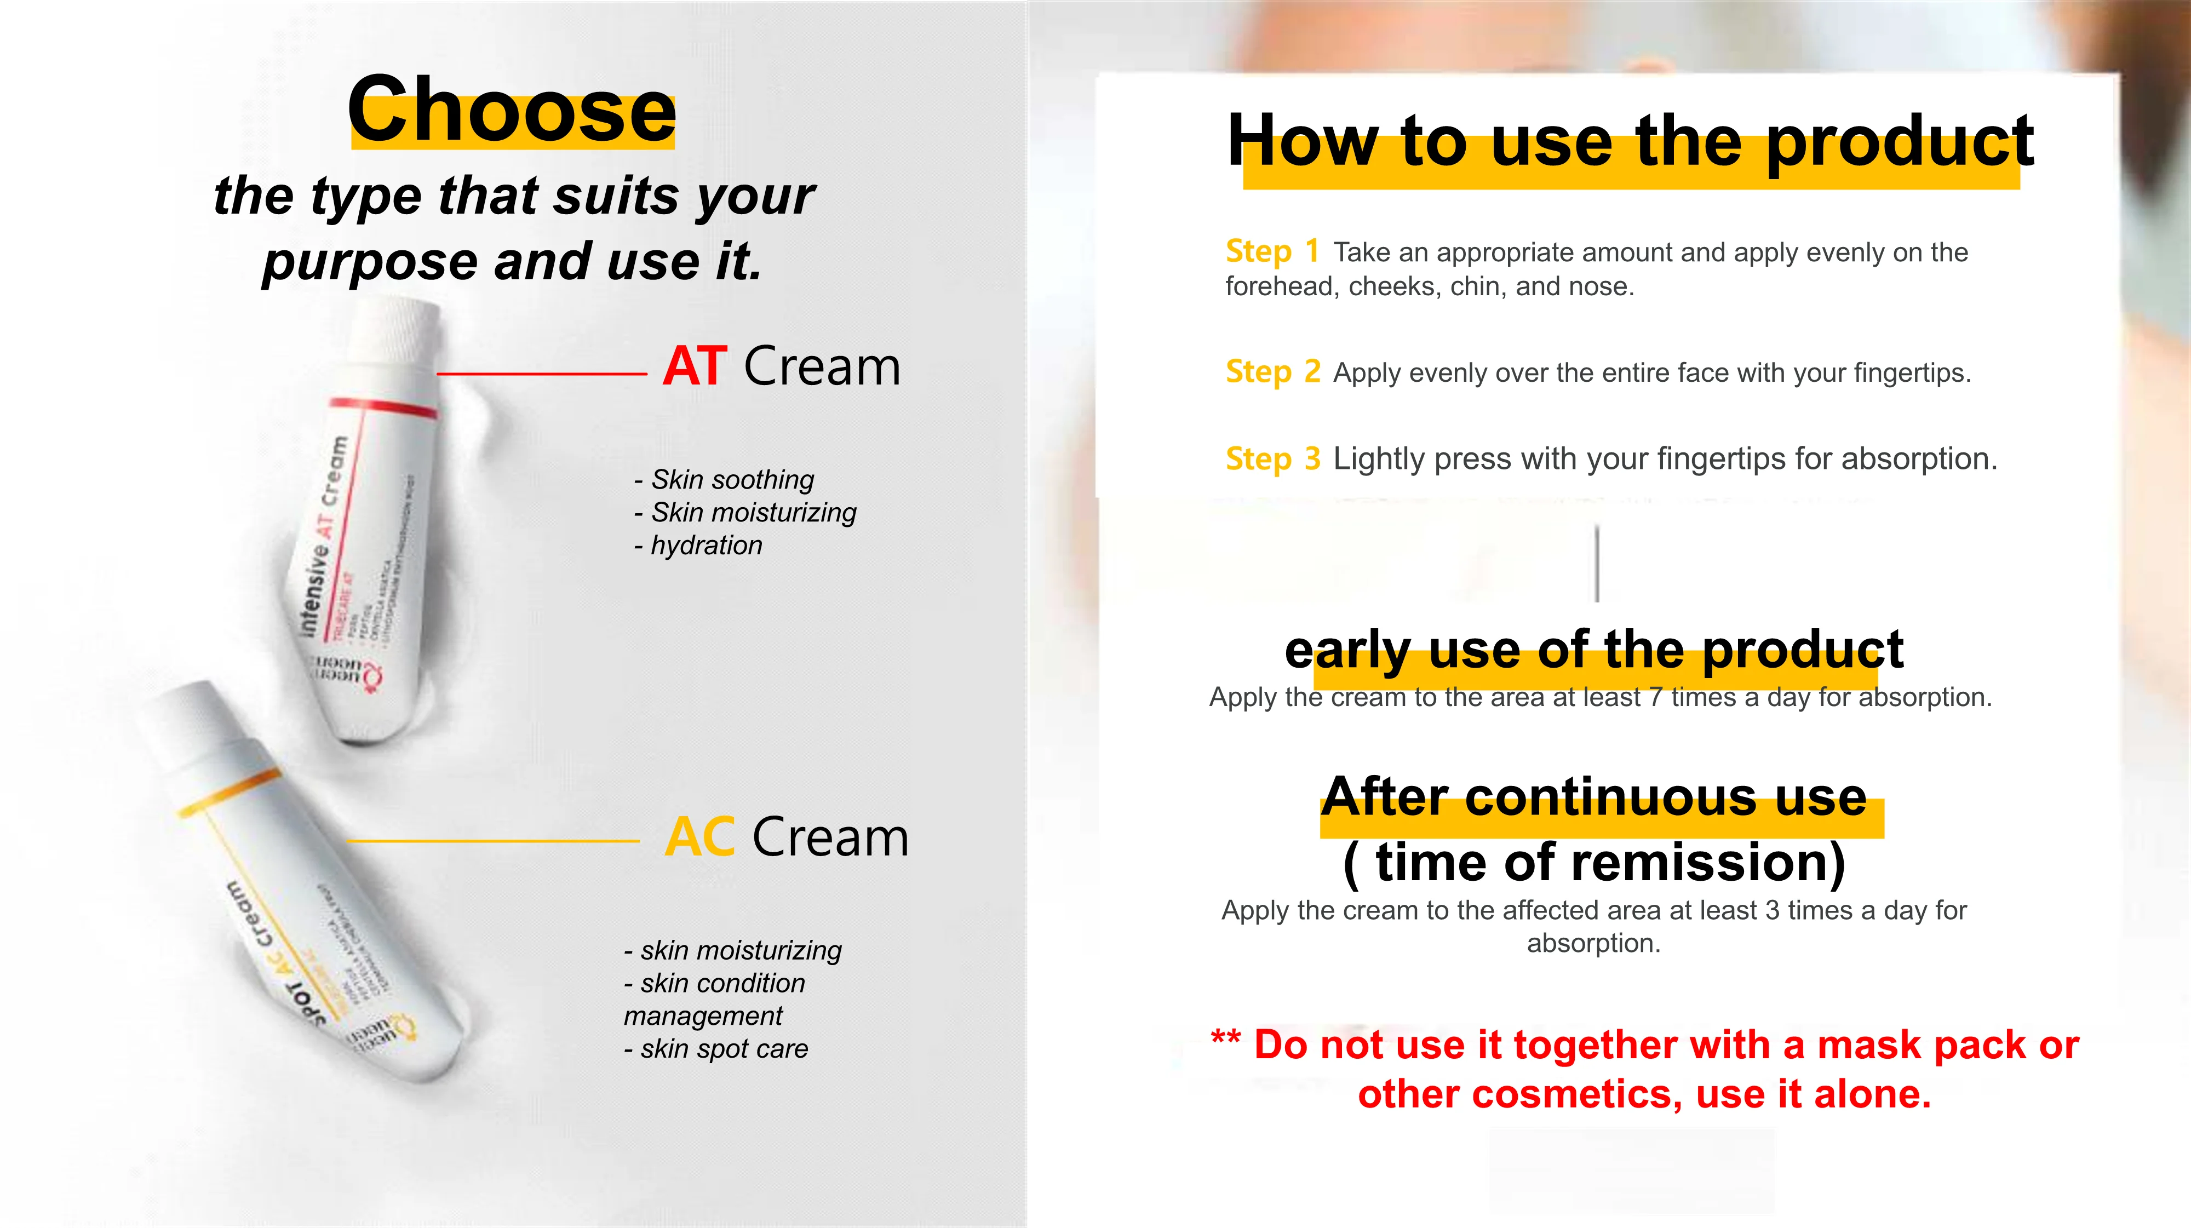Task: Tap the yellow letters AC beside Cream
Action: (x=699, y=837)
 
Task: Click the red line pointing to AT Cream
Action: (x=541, y=374)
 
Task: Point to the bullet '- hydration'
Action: (x=698, y=545)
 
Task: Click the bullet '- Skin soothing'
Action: (x=725, y=480)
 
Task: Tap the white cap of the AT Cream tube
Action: (x=395, y=335)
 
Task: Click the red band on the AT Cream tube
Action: (x=383, y=406)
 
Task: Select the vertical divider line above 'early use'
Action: (x=1597, y=564)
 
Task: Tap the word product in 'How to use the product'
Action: (x=1900, y=142)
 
